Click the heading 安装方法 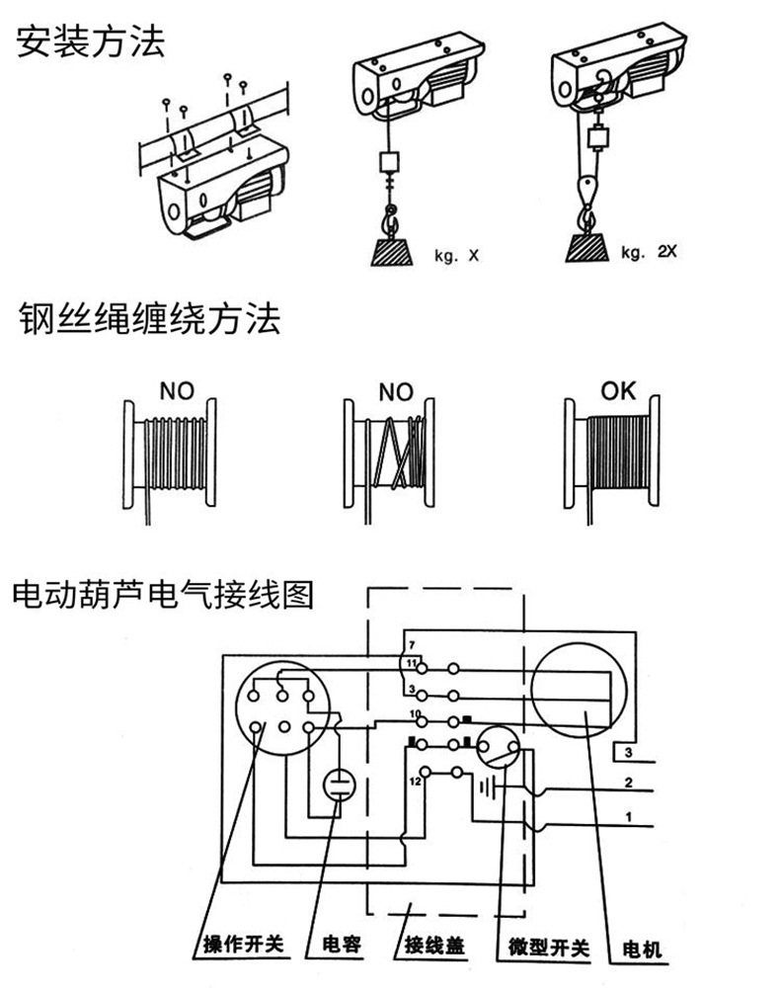90,41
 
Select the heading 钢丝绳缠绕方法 149,320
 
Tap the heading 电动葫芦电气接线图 163,595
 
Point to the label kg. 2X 649,252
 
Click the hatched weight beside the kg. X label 393,250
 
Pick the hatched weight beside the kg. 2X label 586,246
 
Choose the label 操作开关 242,945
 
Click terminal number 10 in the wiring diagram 414,712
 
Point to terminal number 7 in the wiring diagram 411,645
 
